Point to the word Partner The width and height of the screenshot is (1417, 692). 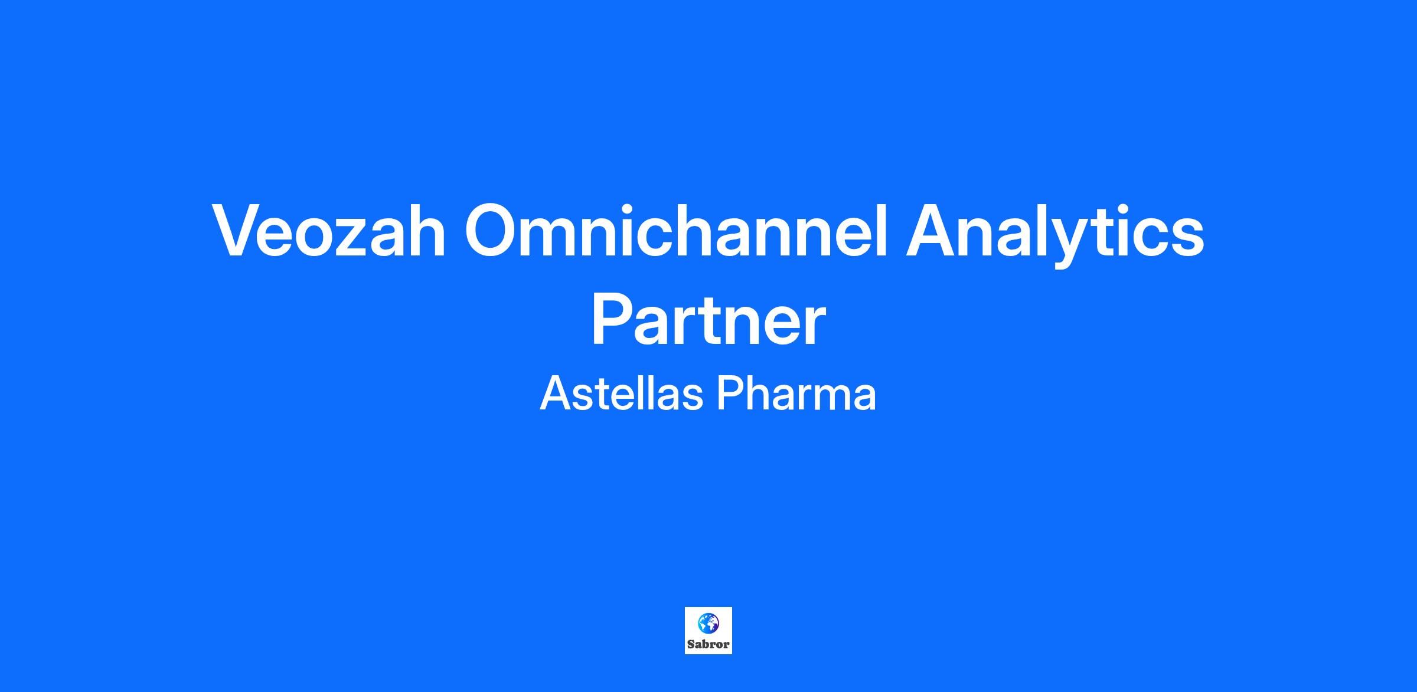(x=708, y=322)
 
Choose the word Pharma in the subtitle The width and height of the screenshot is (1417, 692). (x=796, y=394)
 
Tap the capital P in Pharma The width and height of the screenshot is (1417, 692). (x=730, y=394)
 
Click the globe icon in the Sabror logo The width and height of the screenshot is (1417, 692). (x=708, y=623)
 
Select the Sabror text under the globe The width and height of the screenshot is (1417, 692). (x=708, y=645)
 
